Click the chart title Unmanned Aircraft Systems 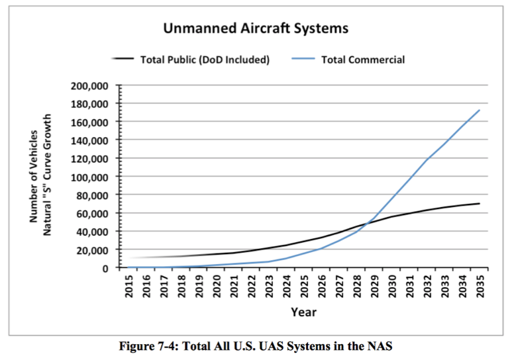tap(256, 28)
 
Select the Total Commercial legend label tap(362, 60)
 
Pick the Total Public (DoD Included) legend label tap(205, 60)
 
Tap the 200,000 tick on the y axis tap(90, 86)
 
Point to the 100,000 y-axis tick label tap(90, 177)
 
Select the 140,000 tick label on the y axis tap(90, 141)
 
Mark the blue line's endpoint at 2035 tap(479, 110)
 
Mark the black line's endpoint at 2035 tap(479, 203)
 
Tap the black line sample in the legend tap(123, 60)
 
